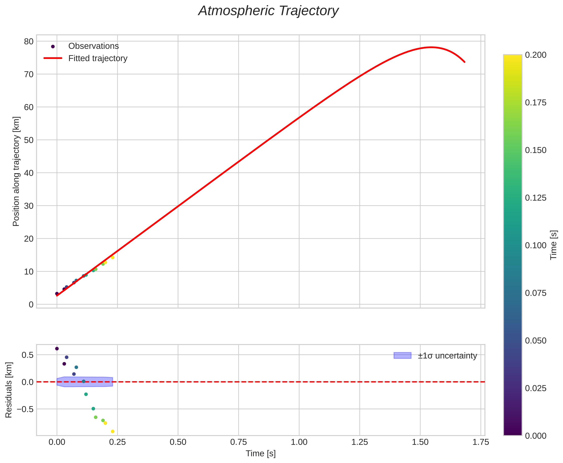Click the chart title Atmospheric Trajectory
(268, 11)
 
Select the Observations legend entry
(93, 46)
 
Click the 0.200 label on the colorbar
(536, 55)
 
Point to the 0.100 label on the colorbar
(536, 245)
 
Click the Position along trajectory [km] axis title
(16, 171)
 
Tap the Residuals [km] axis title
(9, 390)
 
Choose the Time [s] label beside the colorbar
(554, 245)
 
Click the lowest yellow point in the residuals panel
(113, 431)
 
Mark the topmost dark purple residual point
(57, 349)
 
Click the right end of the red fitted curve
(465, 62)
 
